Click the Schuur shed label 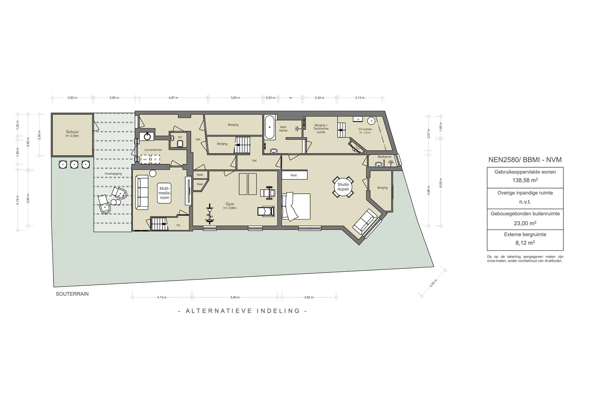[72, 132]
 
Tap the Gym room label [230, 204]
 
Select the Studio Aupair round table [343, 187]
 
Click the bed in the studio [296, 207]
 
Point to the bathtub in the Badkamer [270, 127]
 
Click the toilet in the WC [180, 143]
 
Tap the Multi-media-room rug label [164, 193]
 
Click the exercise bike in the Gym [210, 214]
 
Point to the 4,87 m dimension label [173, 98]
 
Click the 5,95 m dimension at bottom [235, 297]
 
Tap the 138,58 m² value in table [525, 180]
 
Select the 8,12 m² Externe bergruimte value [525, 243]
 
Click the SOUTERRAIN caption [72, 294]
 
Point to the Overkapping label [113, 174]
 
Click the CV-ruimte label [365, 129]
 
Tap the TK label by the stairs [178, 225]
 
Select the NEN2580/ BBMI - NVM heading [525, 160]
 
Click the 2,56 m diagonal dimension [433, 283]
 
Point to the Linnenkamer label [153, 150]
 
